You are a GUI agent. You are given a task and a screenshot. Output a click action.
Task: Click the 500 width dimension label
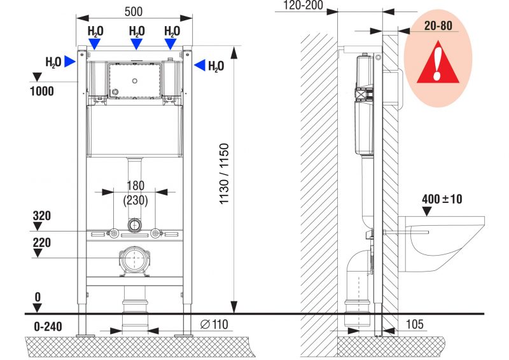[134, 11]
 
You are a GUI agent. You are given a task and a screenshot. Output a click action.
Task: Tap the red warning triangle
[438, 64]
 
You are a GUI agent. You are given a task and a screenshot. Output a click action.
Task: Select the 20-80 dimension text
[438, 25]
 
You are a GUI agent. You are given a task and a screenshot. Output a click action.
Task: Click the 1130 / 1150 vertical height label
[225, 174]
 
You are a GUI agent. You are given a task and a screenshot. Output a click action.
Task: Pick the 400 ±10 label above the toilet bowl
[442, 199]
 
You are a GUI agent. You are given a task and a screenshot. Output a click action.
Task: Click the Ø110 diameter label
[214, 324]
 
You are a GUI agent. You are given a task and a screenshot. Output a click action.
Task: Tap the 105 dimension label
[415, 324]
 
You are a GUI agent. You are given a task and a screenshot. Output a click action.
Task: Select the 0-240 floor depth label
[48, 326]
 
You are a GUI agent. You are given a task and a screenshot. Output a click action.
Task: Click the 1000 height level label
[42, 91]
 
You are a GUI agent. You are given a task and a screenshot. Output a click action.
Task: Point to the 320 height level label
[42, 216]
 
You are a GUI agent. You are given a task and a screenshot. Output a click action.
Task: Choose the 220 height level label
[42, 243]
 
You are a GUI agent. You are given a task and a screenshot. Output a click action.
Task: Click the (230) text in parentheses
[136, 200]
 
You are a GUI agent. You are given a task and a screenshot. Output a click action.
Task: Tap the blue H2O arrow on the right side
[200, 65]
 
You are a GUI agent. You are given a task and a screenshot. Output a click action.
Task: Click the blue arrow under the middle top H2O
[136, 44]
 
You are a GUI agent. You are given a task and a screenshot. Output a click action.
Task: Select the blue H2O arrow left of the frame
[70, 61]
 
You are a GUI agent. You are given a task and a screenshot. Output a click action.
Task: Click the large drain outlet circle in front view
[134, 258]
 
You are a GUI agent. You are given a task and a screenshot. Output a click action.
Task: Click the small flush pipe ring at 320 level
[134, 225]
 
